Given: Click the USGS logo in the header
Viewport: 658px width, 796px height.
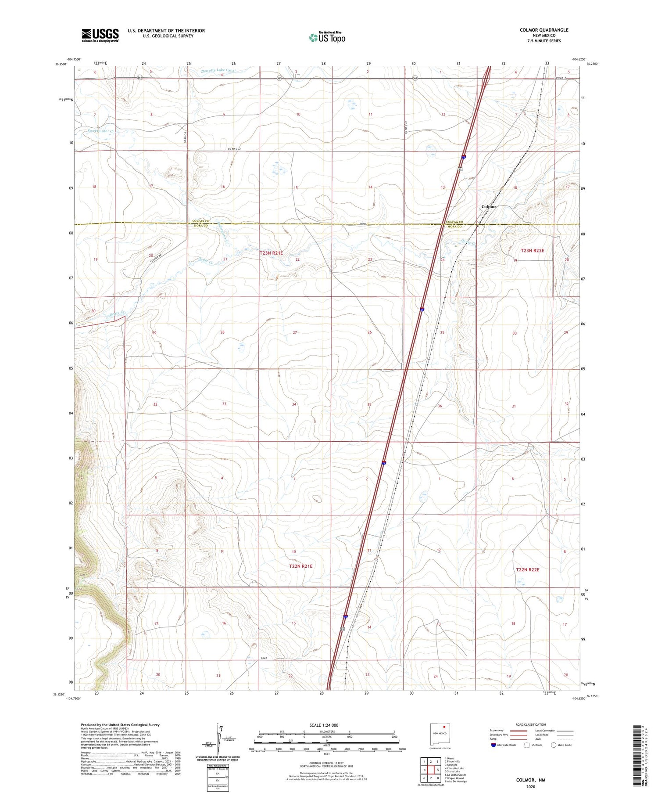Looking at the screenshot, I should (100, 35).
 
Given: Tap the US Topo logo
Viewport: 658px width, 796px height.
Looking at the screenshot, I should (327, 38).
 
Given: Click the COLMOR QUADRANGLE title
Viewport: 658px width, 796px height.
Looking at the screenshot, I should (544, 30).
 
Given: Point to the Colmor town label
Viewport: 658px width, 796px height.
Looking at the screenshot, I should (489, 206).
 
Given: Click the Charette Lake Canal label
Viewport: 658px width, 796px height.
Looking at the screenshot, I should (218, 70).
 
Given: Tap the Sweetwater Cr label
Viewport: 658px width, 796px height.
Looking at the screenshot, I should (101, 131).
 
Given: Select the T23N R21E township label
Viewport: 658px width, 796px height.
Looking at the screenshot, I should (271, 253).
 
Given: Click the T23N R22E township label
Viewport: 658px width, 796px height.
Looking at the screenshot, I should (532, 250).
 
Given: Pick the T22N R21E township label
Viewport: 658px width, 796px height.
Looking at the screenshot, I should (300, 566).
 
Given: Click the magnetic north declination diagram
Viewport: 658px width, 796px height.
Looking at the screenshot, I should (218, 740).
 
